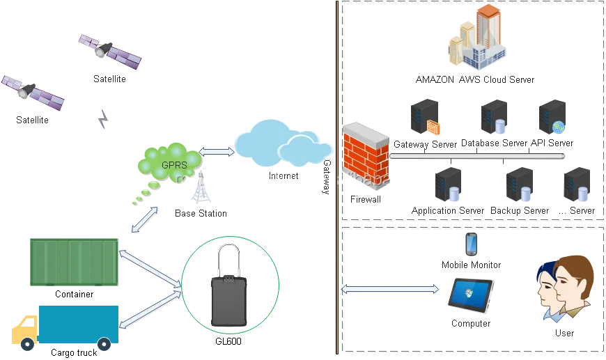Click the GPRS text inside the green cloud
pyautogui.click(x=174, y=165)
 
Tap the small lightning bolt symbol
pyautogui.click(x=104, y=120)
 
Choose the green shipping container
pyautogui.click(x=75, y=260)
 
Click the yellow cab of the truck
pyautogui.click(x=26, y=330)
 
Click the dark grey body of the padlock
pyautogui.click(x=228, y=304)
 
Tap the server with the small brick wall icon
pyautogui.click(x=424, y=117)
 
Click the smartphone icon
pyautogui.click(x=471, y=243)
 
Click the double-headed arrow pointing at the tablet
pyautogui.click(x=391, y=289)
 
